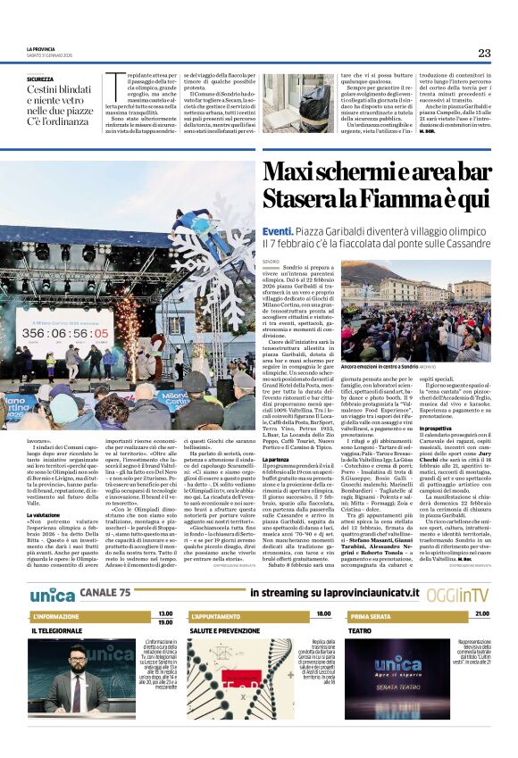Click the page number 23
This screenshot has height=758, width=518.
coord(483,53)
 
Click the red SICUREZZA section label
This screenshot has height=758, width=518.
coord(40,79)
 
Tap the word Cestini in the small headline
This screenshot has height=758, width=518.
coord(43,91)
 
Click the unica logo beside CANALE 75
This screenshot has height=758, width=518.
coord(52,594)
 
